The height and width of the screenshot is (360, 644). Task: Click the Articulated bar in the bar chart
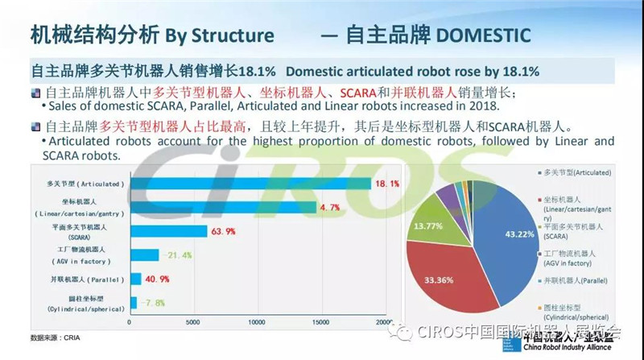(x=250, y=183)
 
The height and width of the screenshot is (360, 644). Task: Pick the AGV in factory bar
(x=144, y=255)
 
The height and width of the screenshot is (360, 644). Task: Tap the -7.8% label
(x=149, y=304)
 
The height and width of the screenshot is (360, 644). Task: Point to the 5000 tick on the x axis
(x=192, y=322)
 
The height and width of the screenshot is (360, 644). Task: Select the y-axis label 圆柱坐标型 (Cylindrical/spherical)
(x=80, y=304)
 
